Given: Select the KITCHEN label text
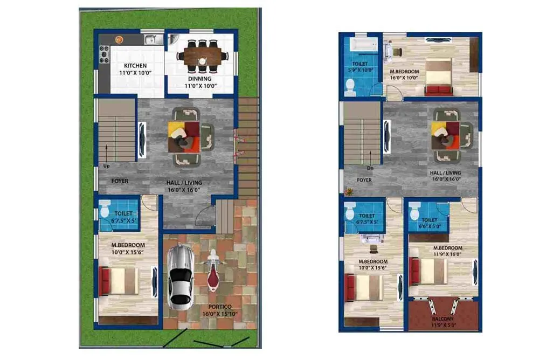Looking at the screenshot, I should click(135, 66).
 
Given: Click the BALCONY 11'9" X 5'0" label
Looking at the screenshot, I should click(443, 322).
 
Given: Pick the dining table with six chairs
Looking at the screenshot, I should click(202, 55).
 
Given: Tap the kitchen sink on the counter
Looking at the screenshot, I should click(151, 39).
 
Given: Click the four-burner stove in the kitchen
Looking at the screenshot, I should click(103, 54).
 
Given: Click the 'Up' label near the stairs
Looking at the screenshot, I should click(106, 166).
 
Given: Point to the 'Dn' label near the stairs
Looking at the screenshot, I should click(370, 168).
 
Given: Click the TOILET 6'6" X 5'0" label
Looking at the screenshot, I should click(430, 223).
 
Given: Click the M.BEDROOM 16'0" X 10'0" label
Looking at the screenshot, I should click(404, 74).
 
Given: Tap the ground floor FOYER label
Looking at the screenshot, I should click(120, 181).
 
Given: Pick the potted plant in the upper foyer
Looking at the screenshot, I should click(349, 191).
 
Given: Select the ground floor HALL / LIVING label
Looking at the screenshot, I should click(184, 186).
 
